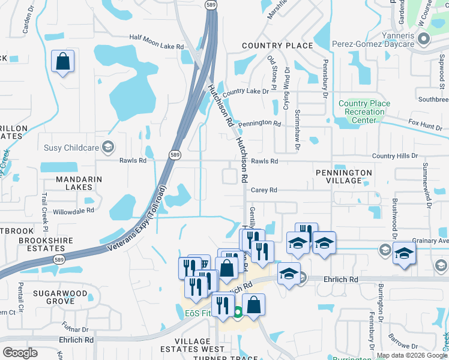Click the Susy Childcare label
click(72, 147)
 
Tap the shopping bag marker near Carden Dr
click(62, 62)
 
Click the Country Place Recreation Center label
click(364, 112)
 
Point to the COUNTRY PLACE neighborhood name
click(277, 46)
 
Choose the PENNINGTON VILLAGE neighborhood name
click(344, 178)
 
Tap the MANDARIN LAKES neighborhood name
click(79, 184)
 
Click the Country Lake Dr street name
click(245, 92)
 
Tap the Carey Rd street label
click(264, 190)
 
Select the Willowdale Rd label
click(73, 211)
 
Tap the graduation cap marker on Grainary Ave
click(404, 253)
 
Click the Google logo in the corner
click(20, 353)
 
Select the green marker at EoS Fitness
click(238, 312)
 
